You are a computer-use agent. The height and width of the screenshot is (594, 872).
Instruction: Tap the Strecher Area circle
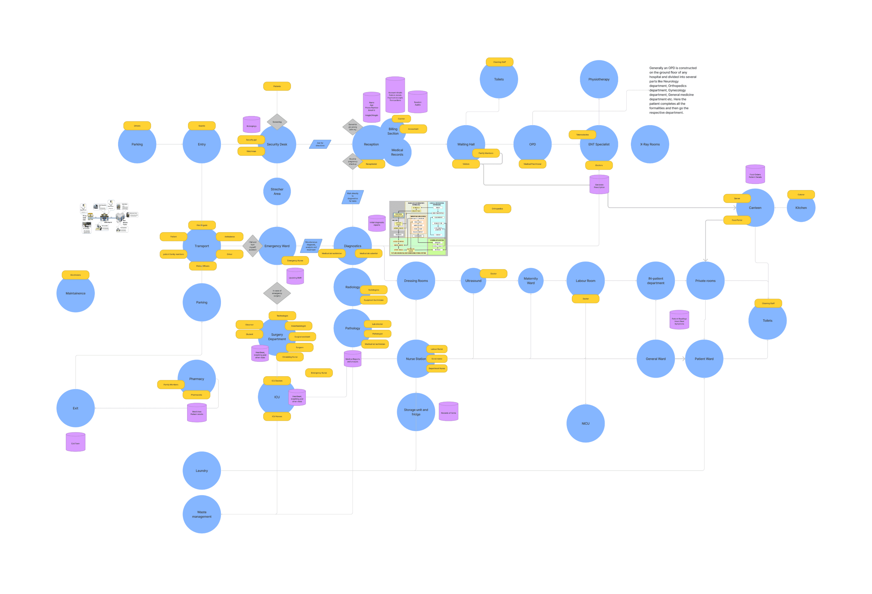point(277,191)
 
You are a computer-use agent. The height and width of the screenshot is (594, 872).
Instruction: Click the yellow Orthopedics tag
point(497,209)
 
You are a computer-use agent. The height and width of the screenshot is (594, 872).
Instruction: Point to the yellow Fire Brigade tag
point(202,225)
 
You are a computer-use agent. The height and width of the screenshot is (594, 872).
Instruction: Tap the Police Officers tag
point(203,266)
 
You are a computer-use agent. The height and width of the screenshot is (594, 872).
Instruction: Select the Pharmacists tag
point(196,395)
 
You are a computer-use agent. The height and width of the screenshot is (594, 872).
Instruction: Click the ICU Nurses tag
point(277,416)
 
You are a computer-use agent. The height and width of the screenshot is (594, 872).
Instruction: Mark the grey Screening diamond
point(277,122)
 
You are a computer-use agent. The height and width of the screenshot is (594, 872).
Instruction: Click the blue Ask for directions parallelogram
point(320,144)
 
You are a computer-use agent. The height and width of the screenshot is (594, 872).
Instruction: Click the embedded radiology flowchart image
point(418,228)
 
